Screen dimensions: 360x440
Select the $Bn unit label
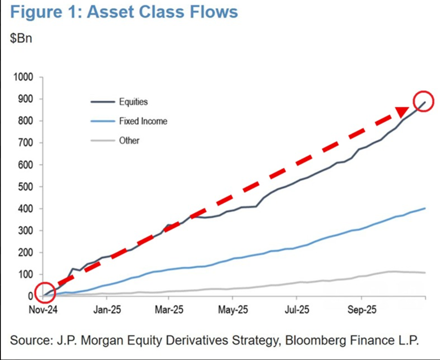(21, 37)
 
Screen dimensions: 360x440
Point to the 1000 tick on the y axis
(25, 77)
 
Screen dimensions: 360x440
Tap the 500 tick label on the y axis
(27, 187)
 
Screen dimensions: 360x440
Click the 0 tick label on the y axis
(31, 296)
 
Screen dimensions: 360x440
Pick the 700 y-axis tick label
(27, 143)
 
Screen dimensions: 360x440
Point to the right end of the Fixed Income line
(425, 208)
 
